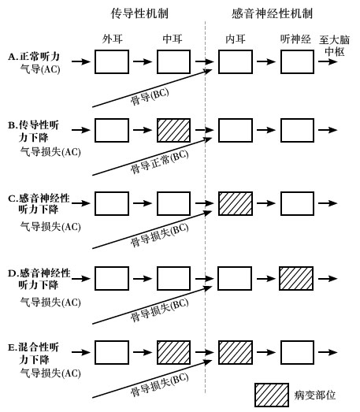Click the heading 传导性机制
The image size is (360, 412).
point(139,13)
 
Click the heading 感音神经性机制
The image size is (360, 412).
point(272,13)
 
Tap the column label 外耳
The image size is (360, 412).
point(112,39)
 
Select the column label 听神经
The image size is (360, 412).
point(295,39)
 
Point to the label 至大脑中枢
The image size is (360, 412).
point(335,46)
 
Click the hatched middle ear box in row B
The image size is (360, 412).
point(173,130)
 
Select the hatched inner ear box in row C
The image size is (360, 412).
point(236,203)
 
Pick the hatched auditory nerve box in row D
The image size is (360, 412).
point(296,279)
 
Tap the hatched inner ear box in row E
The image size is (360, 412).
point(236,353)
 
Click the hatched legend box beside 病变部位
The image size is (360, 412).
point(272,395)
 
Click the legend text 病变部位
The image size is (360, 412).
point(315,395)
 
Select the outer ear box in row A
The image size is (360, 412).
point(112,61)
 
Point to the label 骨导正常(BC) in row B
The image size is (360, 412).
point(159,161)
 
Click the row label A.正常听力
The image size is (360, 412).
point(34,57)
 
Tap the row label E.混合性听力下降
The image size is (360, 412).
point(34,354)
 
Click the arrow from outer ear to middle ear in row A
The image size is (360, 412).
point(143,61)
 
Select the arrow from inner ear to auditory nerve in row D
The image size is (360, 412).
point(266,279)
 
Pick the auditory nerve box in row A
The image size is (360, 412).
point(297,61)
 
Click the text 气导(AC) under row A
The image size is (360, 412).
point(40,69)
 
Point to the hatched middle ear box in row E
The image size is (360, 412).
point(173,353)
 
